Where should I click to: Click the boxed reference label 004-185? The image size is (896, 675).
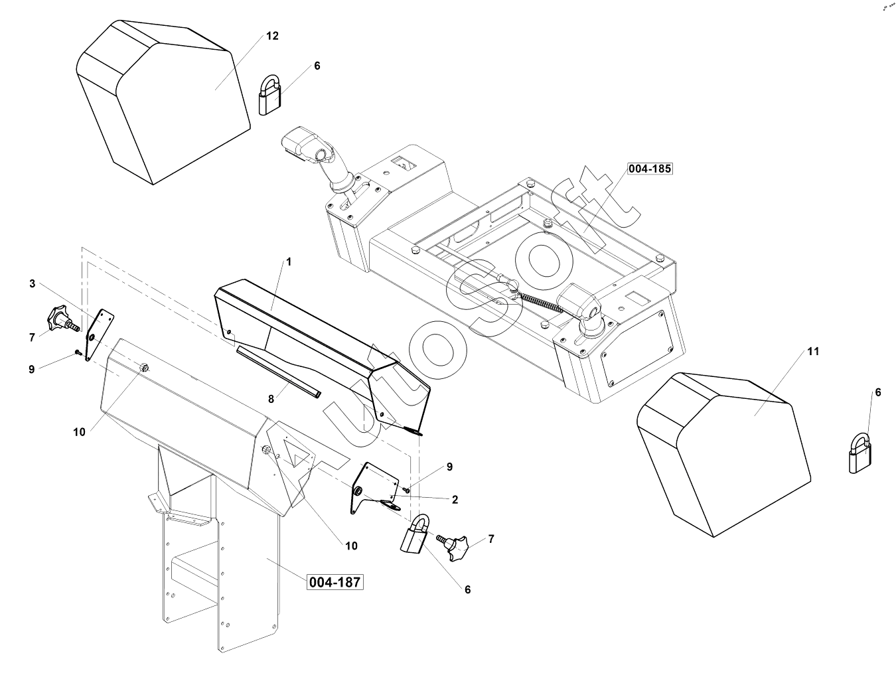(x=650, y=169)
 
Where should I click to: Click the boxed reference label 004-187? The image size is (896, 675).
(x=335, y=582)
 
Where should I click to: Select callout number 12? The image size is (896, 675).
(x=272, y=36)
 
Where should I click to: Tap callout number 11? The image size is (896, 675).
(x=813, y=351)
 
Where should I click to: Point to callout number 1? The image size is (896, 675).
(x=289, y=262)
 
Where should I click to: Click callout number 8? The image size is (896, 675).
(x=271, y=399)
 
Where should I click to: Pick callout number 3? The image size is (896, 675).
(x=32, y=283)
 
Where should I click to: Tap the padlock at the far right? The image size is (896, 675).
(x=861, y=455)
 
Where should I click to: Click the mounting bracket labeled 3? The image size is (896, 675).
(x=98, y=335)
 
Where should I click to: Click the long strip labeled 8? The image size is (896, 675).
(x=279, y=371)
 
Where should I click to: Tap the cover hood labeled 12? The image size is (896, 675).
(x=159, y=100)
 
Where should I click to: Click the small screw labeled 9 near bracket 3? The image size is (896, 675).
(x=78, y=352)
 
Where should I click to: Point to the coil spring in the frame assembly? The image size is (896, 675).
(x=541, y=302)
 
